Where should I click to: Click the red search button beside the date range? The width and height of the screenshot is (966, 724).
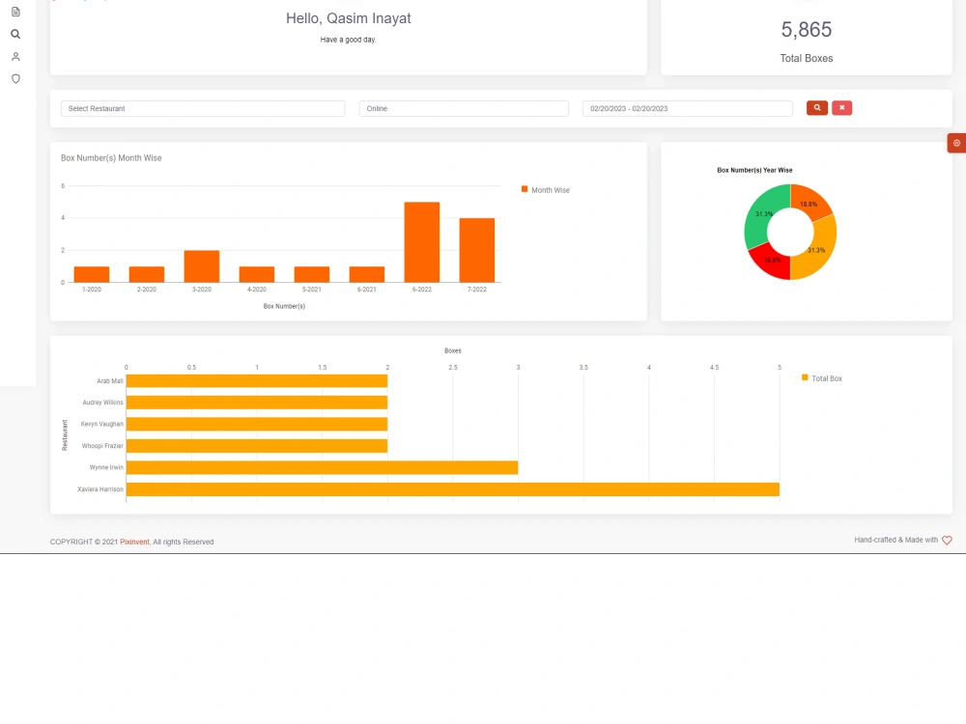click(x=817, y=108)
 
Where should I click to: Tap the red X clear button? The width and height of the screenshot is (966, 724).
click(x=841, y=108)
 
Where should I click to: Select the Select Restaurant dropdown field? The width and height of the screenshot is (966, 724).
click(x=203, y=108)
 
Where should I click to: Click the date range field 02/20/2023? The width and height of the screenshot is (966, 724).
click(x=688, y=108)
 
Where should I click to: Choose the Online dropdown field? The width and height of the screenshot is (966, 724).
click(x=464, y=108)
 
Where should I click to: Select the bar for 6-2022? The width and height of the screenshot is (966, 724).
click(x=422, y=242)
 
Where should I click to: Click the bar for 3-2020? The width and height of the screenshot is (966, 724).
click(x=202, y=266)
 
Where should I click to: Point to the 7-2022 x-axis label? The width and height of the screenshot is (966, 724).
click(x=477, y=290)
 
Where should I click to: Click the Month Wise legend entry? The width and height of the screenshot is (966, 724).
click(x=545, y=190)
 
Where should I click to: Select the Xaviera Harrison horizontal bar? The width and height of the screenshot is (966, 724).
click(x=453, y=489)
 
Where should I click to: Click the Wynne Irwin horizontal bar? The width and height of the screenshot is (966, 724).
click(x=323, y=468)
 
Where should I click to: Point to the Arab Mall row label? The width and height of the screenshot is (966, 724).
click(x=110, y=381)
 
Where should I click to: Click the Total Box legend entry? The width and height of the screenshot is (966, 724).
click(x=821, y=378)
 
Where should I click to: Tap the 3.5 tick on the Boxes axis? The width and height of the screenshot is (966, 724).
click(x=583, y=368)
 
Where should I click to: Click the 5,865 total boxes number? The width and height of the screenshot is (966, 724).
click(x=807, y=30)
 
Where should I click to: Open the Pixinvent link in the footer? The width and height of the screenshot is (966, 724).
click(x=134, y=542)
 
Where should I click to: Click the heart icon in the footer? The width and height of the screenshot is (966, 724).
click(x=947, y=540)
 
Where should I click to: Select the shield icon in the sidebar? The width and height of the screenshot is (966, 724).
click(x=16, y=79)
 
